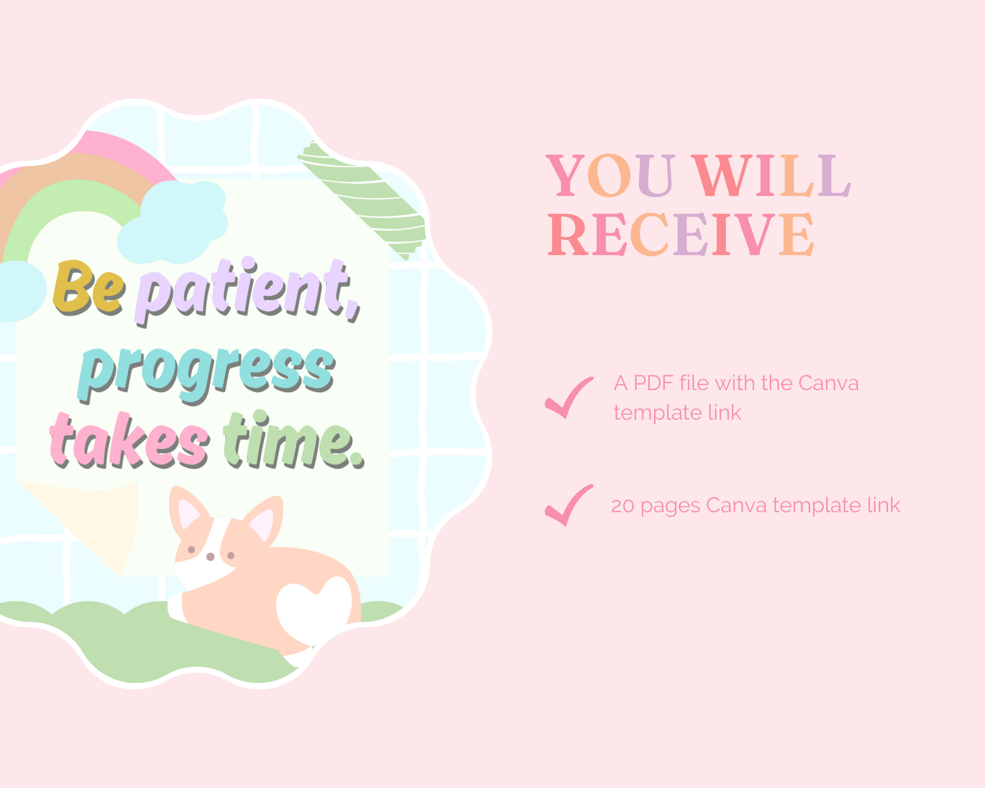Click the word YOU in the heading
611,176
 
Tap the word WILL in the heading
771,176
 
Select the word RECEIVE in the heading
681,234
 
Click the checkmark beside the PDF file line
569,398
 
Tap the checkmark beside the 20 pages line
569,505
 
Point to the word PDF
653,383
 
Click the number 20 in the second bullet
622,506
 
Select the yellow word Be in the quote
89,286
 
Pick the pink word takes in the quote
129,440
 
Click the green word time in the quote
294,440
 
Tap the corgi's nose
211,557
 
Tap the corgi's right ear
263,521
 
